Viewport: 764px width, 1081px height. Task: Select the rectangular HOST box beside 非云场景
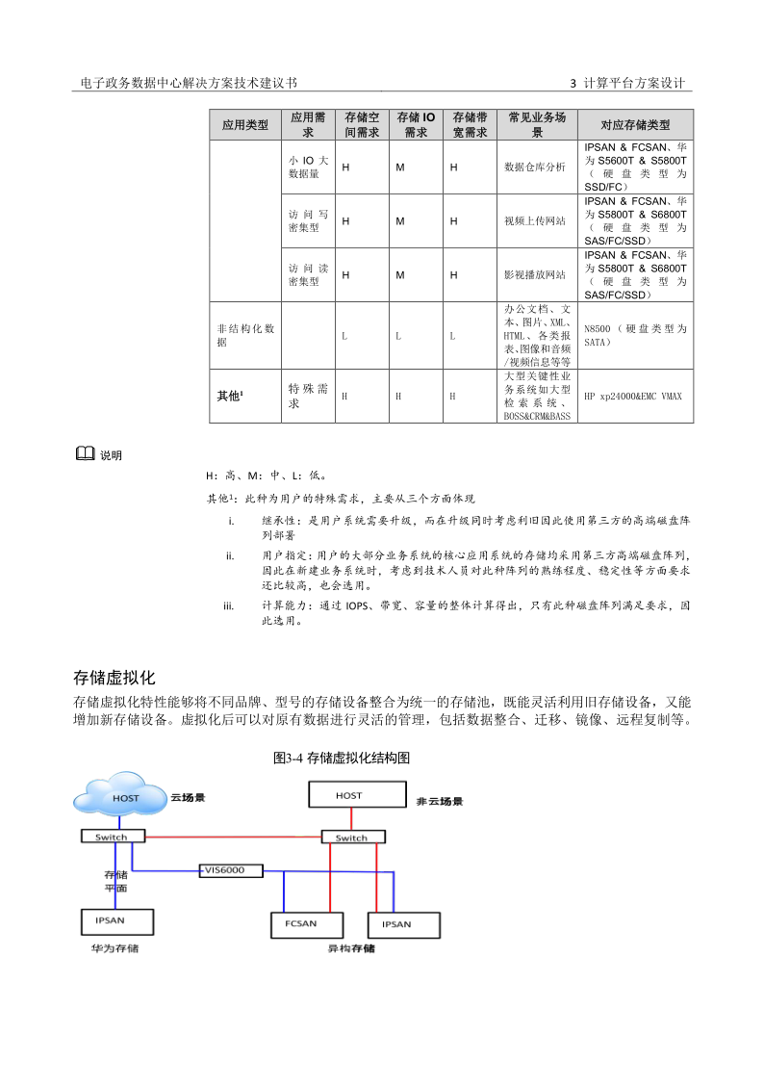(350, 795)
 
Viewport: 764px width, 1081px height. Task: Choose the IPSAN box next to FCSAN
(396, 924)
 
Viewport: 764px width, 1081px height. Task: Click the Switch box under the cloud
(111, 837)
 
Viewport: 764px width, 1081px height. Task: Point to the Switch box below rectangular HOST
(351, 838)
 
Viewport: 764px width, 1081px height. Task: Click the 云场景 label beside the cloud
(189, 798)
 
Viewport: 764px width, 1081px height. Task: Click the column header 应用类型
(244, 125)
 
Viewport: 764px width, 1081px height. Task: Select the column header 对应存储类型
(634, 125)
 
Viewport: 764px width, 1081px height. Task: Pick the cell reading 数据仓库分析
(535, 167)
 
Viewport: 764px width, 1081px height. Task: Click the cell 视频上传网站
(535, 220)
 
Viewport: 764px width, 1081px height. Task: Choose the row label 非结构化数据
(244, 335)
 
